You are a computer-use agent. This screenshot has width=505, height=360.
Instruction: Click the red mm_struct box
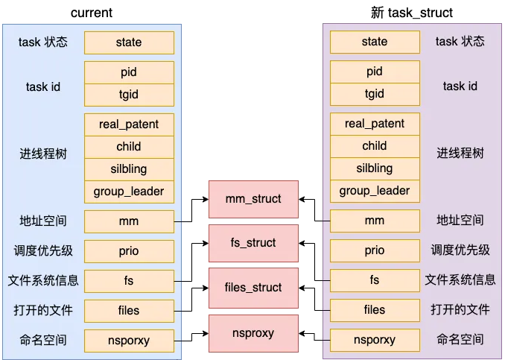pyautogui.click(x=253, y=199)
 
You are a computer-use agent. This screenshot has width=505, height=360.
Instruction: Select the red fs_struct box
pyautogui.click(x=253, y=243)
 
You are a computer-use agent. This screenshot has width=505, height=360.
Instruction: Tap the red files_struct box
pyautogui.click(x=253, y=288)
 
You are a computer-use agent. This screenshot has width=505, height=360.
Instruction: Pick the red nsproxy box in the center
pyautogui.click(x=253, y=332)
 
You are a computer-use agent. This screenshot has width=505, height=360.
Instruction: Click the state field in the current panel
pyautogui.click(x=129, y=42)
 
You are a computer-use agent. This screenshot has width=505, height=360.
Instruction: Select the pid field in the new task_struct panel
pyautogui.click(x=375, y=72)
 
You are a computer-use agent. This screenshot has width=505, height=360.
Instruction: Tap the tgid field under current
pyautogui.click(x=129, y=94)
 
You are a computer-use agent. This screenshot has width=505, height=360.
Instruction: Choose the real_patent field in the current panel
pyautogui.click(x=129, y=124)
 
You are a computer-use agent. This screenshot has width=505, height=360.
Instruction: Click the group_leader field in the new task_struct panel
pyautogui.click(x=375, y=191)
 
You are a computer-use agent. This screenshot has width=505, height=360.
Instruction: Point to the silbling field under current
pyautogui.click(x=129, y=168)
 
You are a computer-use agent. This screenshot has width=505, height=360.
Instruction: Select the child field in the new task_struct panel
pyautogui.click(x=375, y=146)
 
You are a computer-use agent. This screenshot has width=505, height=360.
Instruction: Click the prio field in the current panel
pyautogui.click(x=129, y=251)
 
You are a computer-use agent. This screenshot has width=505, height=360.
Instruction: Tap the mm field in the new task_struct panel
pyautogui.click(x=375, y=221)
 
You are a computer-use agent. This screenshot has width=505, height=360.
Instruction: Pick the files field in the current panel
pyautogui.click(x=129, y=310)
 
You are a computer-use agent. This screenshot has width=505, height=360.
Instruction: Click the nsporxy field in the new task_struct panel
pyautogui.click(x=375, y=341)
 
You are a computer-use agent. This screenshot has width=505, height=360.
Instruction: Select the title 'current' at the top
pyautogui.click(x=92, y=13)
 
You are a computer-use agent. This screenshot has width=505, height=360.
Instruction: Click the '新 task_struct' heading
pyautogui.click(x=411, y=13)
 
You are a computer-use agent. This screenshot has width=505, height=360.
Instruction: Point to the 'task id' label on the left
pyautogui.click(x=43, y=86)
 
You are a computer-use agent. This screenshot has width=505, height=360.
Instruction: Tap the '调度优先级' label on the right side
pyautogui.click(x=460, y=250)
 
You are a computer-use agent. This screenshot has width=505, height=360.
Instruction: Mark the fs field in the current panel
pyautogui.click(x=129, y=281)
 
